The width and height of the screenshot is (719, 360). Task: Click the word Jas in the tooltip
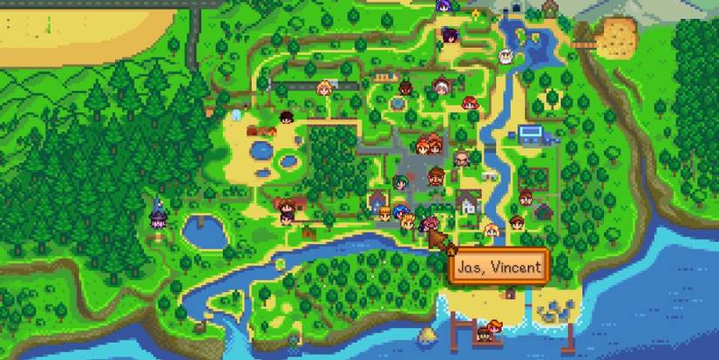click(471, 268)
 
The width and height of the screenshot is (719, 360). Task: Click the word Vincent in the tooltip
click(514, 268)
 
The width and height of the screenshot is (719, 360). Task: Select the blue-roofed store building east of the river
click(530, 133)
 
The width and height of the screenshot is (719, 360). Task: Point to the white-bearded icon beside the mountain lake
click(503, 58)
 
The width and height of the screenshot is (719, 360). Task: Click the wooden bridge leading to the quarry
click(586, 40)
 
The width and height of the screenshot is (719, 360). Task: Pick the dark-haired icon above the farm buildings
click(285, 119)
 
